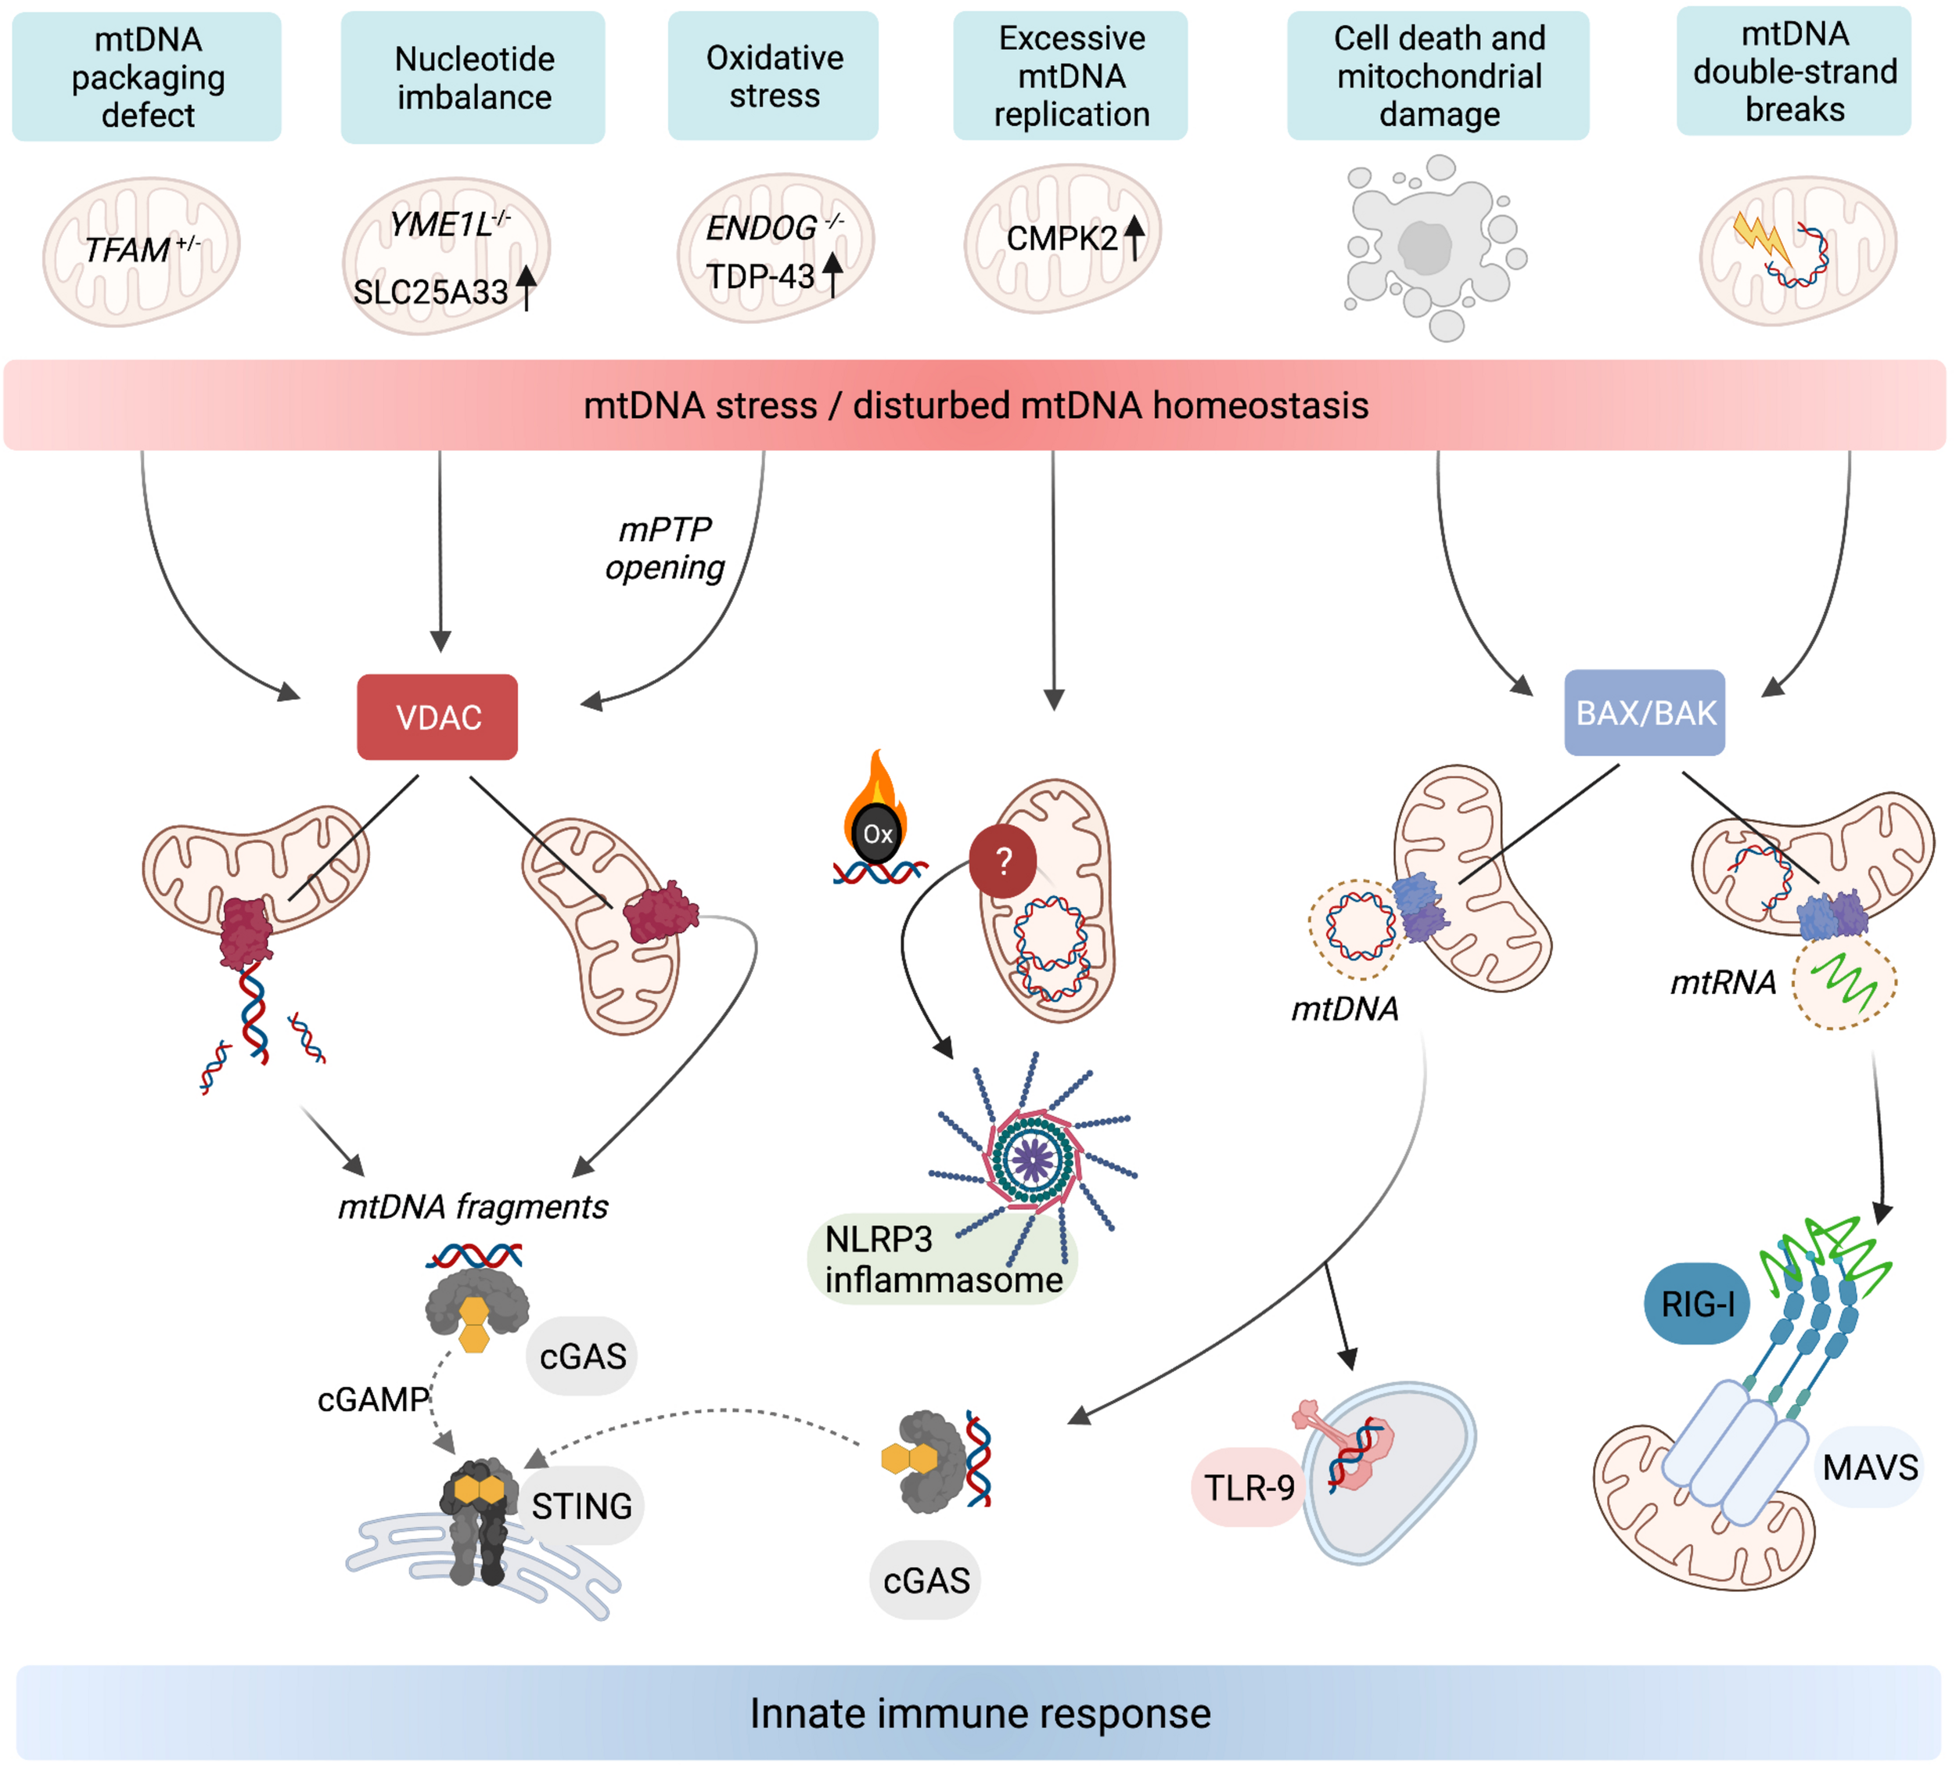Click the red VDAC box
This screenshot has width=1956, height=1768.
[437, 717]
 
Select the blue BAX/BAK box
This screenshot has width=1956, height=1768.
[1644, 713]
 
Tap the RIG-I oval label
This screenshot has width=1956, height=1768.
[1696, 1303]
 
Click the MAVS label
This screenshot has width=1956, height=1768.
[1868, 1466]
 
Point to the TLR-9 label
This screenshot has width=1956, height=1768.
[1248, 1486]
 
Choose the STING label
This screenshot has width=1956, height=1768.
[581, 1506]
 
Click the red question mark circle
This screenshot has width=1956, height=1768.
[1003, 860]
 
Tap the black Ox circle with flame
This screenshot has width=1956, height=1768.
[877, 833]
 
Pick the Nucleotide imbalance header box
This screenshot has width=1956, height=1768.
[473, 77]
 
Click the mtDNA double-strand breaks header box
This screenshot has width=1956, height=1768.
[1794, 72]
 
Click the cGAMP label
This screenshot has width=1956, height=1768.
[372, 1399]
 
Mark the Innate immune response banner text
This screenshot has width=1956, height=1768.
[980, 1712]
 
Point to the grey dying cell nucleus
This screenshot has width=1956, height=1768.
[1424, 247]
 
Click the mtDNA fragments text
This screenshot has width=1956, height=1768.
[473, 1206]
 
